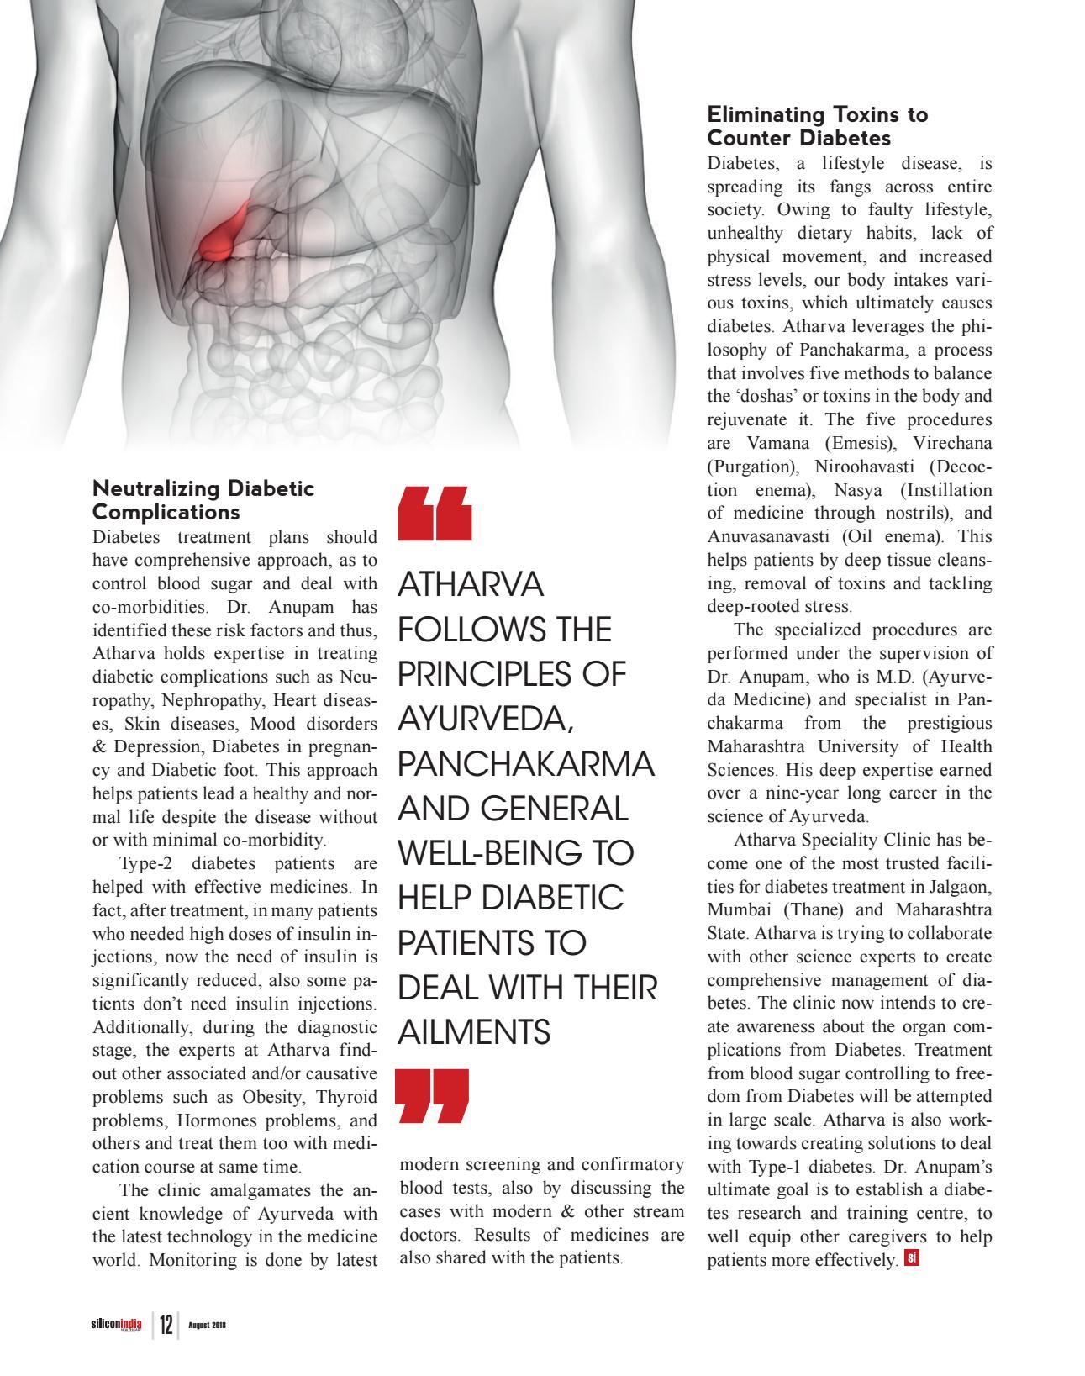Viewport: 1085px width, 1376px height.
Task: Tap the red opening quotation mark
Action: coord(435,512)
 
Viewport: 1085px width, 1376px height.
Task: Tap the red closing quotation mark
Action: coord(433,1096)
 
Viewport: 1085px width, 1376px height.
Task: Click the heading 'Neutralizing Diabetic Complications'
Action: coord(203,500)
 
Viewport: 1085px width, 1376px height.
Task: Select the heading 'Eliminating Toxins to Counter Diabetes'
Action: coord(817,125)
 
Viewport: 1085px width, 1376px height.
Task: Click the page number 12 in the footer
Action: coord(166,1326)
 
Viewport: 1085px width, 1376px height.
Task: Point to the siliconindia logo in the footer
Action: coord(116,1326)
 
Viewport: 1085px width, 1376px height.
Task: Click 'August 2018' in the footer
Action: coord(208,1326)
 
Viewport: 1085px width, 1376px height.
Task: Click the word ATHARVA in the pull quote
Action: coord(471,585)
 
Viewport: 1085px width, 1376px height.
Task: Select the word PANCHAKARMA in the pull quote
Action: coord(525,764)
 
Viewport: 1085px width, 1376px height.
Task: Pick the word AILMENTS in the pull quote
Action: coord(474,1032)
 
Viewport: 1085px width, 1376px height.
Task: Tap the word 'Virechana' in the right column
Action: coord(952,443)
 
